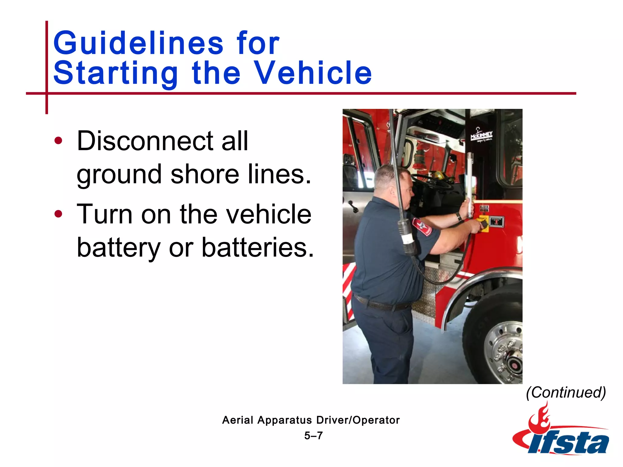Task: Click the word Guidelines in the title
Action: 138,43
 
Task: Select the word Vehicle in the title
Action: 313,73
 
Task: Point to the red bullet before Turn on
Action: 58,214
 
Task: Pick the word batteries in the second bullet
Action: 257,247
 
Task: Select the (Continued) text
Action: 566,392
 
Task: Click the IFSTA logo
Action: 561,435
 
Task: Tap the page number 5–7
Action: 313,436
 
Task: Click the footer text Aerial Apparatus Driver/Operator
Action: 311,420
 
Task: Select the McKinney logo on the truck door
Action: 481,136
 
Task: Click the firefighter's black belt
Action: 383,304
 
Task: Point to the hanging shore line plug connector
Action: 408,237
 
